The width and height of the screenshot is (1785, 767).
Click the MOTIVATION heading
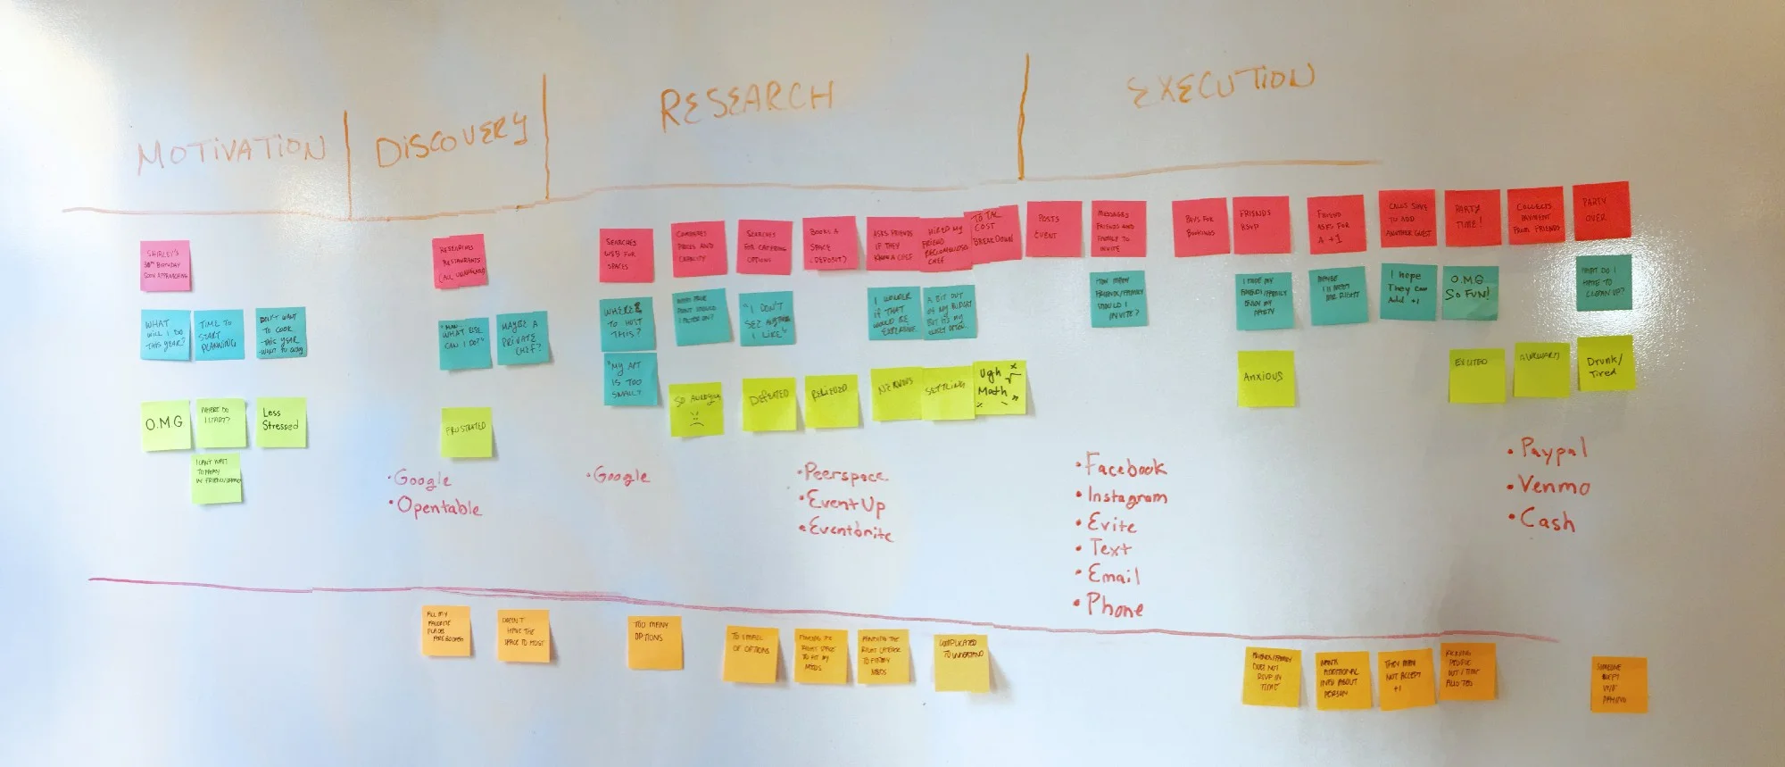click(230, 152)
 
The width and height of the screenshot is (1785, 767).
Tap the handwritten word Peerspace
click(845, 474)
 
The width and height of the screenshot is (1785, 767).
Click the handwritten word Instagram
click(1126, 497)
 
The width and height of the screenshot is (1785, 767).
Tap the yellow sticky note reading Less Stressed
click(280, 421)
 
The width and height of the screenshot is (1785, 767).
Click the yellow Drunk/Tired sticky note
click(1605, 364)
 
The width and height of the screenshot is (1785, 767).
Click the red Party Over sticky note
click(1600, 212)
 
